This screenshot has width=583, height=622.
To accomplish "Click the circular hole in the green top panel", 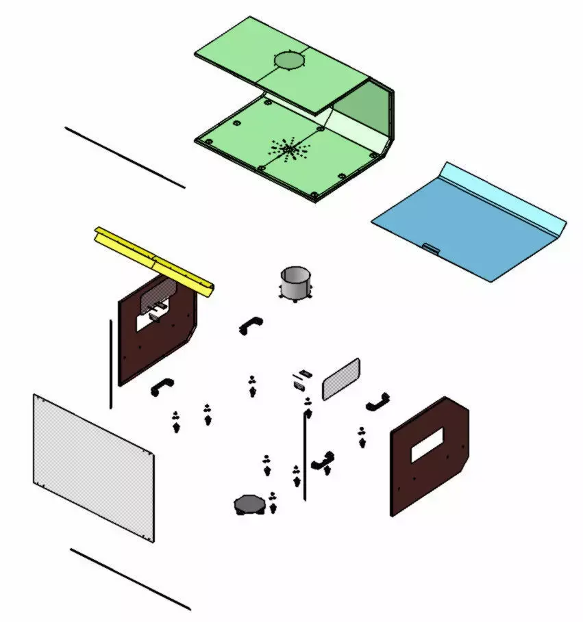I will click(x=289, y=61).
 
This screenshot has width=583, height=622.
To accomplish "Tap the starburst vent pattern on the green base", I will click(x=289, y=148).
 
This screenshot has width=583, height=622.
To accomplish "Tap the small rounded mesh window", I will click(x=341, y=378).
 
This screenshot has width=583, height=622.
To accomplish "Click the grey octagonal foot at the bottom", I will click(x=249, y=505).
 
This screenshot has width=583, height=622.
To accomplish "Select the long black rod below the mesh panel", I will click(x=130, y=579).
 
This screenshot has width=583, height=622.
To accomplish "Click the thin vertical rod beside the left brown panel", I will click(x=110, y=363).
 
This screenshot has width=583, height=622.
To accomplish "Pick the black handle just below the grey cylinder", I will click(x=251, y=324).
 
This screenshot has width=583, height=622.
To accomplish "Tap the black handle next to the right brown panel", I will click(x=377, y=402).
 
